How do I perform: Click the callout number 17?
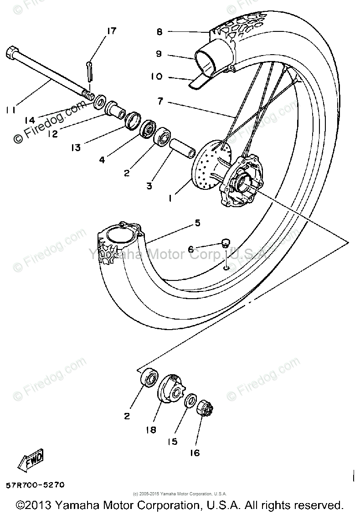(x=112, y=31)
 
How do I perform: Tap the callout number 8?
(x=159, y=32)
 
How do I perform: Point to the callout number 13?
(x=75, y=147)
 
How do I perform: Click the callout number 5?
(x=197, y=223)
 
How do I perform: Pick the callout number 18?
(x=151, y=429)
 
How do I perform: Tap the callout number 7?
(x=160, y=101)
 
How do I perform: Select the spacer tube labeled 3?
(x=181, y=150)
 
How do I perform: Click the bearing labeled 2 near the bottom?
(x=149, y=378)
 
